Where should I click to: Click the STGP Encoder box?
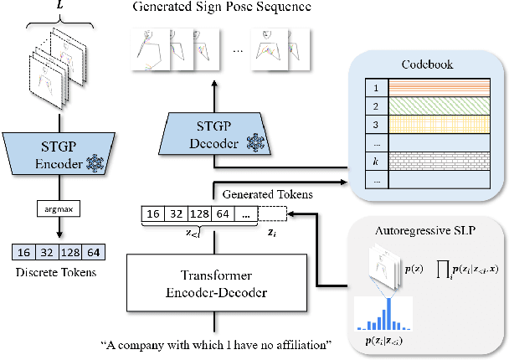tap(58, 153)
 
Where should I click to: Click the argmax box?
tap(58, 205)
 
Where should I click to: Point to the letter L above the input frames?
tap(58, 7)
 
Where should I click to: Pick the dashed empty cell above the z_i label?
tap(270, 213)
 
